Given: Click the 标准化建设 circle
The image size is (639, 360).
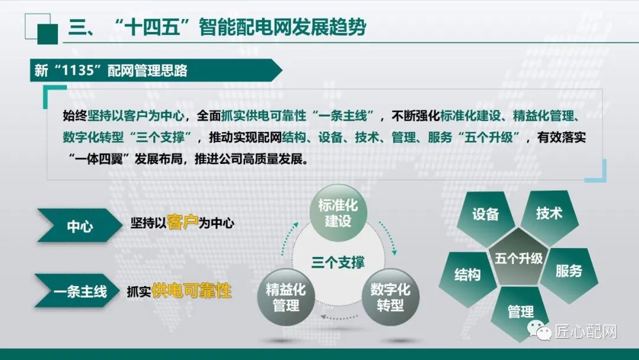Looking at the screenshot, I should click(338, 213).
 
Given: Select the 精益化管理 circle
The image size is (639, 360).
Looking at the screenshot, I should click(286, 297).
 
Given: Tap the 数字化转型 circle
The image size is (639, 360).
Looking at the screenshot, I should click(390, 297).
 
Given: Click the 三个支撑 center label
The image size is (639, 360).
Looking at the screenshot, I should click(338, 262).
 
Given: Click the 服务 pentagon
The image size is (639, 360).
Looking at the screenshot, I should click(569, 272).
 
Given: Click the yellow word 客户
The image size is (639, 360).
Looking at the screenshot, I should click(183, 222).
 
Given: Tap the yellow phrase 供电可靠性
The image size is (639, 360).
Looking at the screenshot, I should click(191, 291).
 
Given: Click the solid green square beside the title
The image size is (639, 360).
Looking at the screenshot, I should click(47, 33).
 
